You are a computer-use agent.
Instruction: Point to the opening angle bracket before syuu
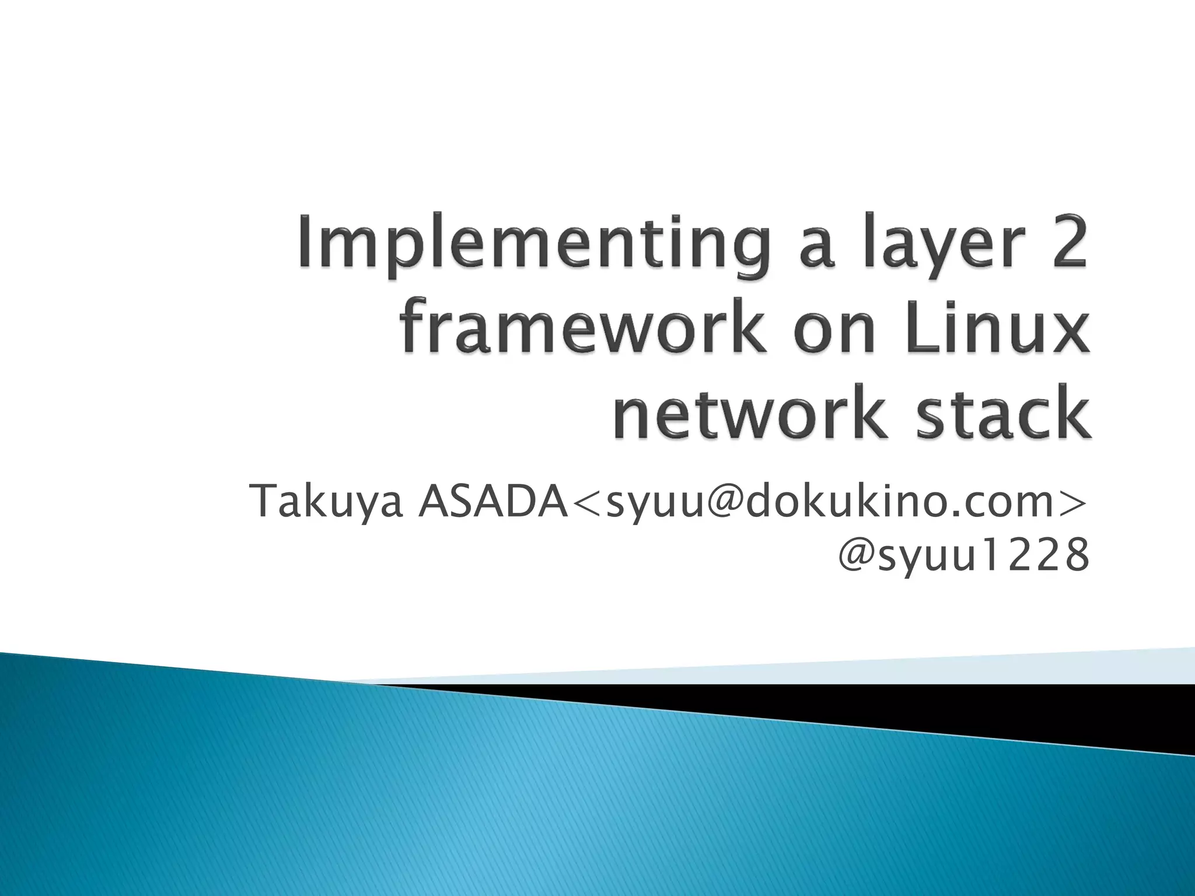point(586,502)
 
